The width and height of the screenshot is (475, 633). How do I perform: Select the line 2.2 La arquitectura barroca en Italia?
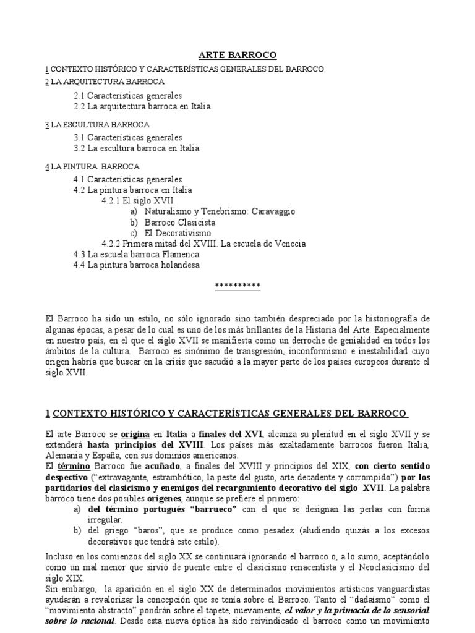point(142,106)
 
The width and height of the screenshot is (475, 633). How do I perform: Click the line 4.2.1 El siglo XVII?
point(137,201)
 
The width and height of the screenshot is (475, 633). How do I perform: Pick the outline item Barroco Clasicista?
point(180,222)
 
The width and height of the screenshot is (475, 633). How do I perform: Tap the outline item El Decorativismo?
point(178,233)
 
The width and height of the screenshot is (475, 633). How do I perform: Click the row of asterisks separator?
point(237,286)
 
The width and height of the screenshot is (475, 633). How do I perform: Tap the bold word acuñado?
point(164,465)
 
